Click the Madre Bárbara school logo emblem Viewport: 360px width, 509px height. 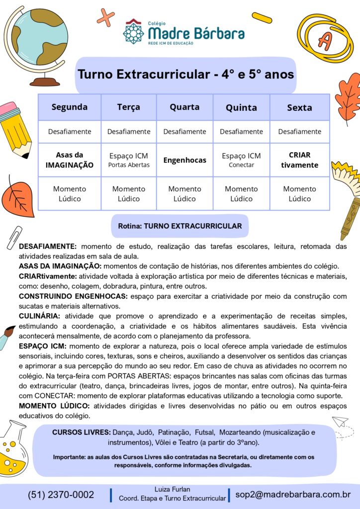point(133,31)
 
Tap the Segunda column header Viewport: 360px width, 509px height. point(70,107)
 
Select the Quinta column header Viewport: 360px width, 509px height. point(241,107)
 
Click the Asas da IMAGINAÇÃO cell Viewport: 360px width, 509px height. point(70,160)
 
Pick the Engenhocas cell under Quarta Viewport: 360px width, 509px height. point(184,160)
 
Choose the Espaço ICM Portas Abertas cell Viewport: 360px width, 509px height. point(128,160)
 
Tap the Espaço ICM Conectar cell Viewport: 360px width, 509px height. point(241,160)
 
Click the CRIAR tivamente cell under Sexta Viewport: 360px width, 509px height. point(299,160)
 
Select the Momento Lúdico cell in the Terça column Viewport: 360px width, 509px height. point(128,194)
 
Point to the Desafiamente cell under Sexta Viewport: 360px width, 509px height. point(299,132)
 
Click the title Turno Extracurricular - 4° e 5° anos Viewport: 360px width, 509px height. point(185,75)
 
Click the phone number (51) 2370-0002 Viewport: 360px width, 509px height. point(61,495)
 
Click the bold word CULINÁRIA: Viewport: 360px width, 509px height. point(39,316)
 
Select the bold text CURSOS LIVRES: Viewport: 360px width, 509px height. point(81,432)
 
